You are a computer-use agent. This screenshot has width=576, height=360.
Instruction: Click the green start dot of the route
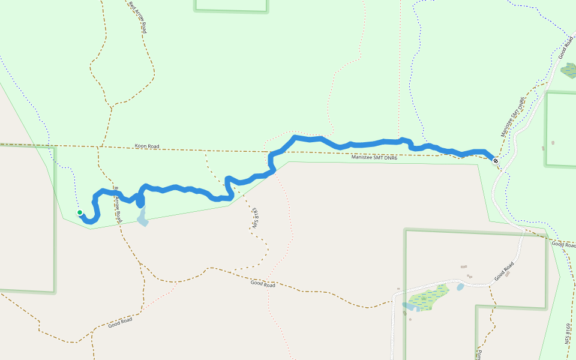79,212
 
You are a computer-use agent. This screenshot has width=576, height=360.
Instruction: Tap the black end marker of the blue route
496,161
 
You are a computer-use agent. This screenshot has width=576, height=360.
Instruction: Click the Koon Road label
147,146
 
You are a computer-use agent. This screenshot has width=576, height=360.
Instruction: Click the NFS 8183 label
255,218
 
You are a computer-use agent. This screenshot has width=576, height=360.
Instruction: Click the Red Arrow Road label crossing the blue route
118,205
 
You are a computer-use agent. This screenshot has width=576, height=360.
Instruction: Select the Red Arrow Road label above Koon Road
137,16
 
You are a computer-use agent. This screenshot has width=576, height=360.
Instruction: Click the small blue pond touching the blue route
142,220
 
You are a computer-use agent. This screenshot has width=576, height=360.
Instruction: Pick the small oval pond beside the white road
460,287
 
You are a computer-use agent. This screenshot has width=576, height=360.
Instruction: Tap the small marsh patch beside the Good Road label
568,71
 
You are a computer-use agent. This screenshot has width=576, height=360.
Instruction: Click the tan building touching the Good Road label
508,275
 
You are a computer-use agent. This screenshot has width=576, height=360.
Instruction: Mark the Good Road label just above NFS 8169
564,244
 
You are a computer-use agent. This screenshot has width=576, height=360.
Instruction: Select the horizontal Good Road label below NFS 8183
263,284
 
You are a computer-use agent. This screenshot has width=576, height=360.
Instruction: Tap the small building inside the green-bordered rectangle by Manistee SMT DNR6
553,143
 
